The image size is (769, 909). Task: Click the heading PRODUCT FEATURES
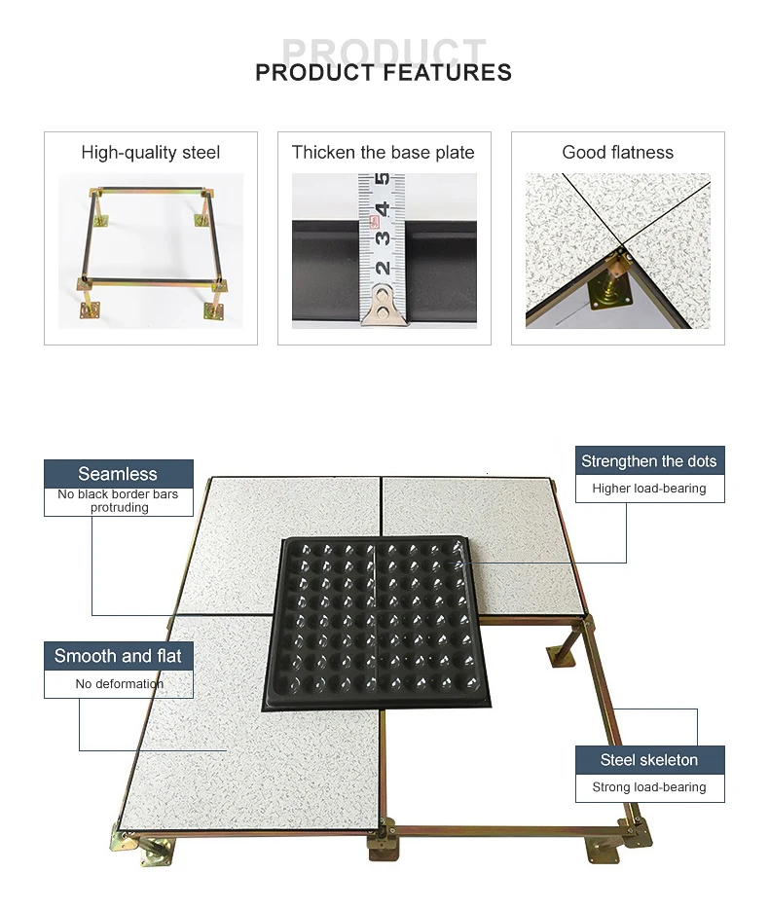click(x=384, y=72)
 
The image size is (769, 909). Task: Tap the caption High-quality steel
click(x=151, y=153)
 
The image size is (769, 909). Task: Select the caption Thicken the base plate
click(x=384, y=153)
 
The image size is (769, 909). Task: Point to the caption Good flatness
click(x=617, y=153)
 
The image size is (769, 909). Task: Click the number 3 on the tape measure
click(x=383, y=236)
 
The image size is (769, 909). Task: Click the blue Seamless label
click(x=118, y=474)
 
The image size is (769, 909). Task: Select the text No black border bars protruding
click(x=118, y=500)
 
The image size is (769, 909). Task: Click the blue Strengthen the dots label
click(x=648, y=461)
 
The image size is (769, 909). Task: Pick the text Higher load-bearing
click(x=648, y=489)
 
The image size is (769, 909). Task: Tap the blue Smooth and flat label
click(x=118, y=656)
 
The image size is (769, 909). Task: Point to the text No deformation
click(x=119, y=684)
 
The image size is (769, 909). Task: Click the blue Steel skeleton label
click(x=648, y=760)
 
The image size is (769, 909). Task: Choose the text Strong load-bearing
click(x=648, y=787)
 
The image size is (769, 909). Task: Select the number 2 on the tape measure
click(x=383, y=267)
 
